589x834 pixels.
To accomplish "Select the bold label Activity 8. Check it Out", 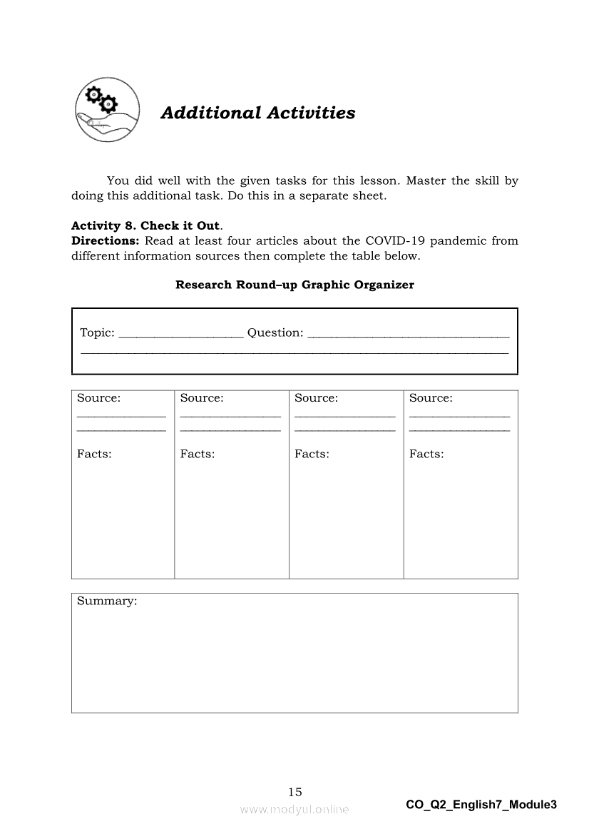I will tap(145, 226).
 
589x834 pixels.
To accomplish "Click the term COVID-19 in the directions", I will tap(394, 241).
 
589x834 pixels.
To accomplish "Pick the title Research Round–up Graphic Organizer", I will tap(294, 285).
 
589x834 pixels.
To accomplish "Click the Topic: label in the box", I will tap(97, 332).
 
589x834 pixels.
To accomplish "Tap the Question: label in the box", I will tap(275, 332).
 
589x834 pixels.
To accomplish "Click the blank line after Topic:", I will tap(180, 336).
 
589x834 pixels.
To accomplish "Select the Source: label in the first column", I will tap(98, 398).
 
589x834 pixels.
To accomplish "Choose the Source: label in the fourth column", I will tap(431, 398).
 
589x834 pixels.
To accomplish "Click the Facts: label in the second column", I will tap(198, 454).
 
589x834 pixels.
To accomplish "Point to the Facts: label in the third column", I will tap(312, 454).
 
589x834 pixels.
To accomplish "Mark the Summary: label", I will tap(107, 601).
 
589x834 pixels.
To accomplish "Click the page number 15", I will tap(295, 792).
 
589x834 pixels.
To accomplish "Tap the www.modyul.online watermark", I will tap(294, 809).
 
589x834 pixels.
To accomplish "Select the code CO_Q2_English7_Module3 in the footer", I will tap(481, 805).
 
